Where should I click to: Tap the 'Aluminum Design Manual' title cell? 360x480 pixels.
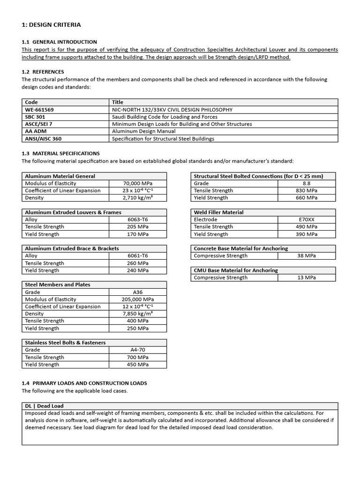tap(143, 132)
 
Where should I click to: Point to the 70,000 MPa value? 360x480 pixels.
tap(138, 183)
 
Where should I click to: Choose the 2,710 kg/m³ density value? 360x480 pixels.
tap(138, 198)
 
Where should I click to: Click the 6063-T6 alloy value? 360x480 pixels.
tap(138, 219)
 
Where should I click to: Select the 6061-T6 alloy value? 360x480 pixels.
tap(138, 256)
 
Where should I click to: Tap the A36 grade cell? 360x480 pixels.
tap(138, 292)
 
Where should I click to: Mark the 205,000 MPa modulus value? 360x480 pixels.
tap(138, 299)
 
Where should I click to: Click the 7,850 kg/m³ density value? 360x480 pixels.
tap(138, 314)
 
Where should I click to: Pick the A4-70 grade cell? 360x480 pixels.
tap(138, 350)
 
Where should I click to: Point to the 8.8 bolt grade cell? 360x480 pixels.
tap(307, 183)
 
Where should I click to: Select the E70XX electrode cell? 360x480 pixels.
tap(307, 219)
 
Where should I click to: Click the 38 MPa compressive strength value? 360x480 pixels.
tap(307, 256)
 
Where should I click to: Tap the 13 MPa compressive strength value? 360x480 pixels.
tap(307, 277)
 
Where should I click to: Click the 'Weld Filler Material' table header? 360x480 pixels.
tap(218, 212)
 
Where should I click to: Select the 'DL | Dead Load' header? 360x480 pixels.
tap(44, 406)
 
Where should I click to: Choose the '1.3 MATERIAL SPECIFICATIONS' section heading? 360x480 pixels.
tap(60, 153)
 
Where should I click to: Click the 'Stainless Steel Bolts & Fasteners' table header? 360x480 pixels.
tap(65, 343)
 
